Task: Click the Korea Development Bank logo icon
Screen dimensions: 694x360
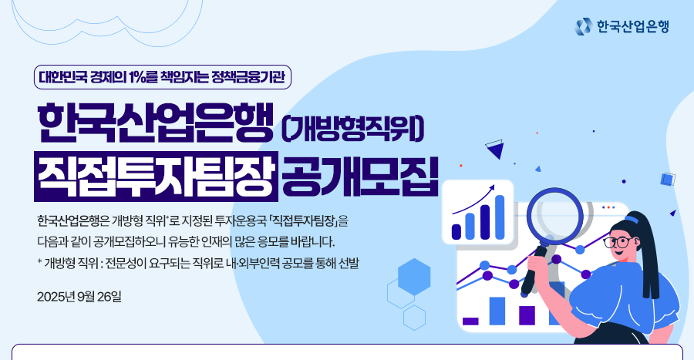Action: coord(583,26)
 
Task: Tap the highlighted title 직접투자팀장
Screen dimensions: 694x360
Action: coord(156,177)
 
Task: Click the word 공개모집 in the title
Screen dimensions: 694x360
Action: coord(360,177)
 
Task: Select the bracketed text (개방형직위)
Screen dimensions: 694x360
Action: coord(352,130)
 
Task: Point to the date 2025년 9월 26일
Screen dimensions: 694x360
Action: coord(79,296)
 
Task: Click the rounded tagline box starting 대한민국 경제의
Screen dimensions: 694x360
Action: coord(163,77)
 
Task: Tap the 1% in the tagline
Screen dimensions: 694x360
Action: coord(136,77)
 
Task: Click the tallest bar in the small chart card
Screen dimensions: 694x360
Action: coord(500,217)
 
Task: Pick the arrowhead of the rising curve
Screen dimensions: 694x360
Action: coord(491,189)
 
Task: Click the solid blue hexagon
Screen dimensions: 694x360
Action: coord(414,277)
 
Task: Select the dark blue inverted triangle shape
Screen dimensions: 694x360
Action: coord(495,150)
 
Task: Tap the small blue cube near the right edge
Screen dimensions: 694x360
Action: coord(668,180)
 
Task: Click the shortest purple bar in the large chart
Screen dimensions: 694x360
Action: coord(470,321)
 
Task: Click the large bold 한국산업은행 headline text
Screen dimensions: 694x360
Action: coord(156,124)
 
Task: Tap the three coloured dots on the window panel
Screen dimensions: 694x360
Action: coord(608,207)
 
